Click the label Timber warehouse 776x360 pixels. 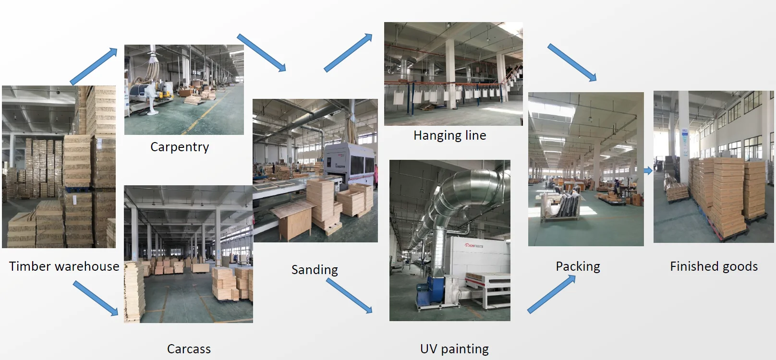tap(64, 266)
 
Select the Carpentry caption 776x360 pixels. tap(180, 147)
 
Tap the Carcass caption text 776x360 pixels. tap(189, 349)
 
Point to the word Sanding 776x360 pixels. tap(315, 270)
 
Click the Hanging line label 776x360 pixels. tap(449, 136)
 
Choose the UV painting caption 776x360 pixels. tap(454, 349)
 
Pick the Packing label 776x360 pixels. tap(578, 266)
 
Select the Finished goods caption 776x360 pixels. tap(714, 266)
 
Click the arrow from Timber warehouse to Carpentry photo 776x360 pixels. tap(94, 66)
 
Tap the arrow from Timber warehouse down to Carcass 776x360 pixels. tap(96, 299)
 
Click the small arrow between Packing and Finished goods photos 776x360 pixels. tap(648, 170)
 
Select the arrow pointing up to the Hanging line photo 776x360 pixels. tap(348, 53)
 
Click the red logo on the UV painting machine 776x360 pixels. tap(473, 245)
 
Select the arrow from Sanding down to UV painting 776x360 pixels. tap(349, 296)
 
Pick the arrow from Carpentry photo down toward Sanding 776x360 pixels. tap(262, 53)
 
